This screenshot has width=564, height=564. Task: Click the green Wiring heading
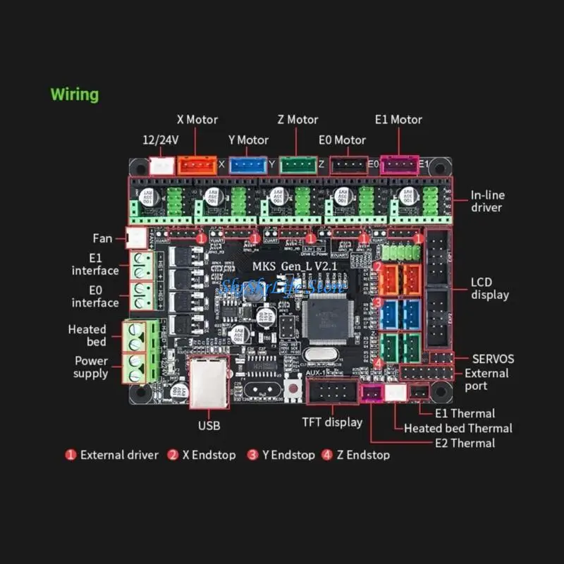75,94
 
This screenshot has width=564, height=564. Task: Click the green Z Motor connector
298,164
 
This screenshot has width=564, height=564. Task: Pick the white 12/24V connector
161,165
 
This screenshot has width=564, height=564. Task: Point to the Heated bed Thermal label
458,428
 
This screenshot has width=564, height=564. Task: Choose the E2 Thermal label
465,443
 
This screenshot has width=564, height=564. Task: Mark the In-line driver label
488,201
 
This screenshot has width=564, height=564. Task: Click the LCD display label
489,288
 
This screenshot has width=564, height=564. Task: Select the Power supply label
91,367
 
